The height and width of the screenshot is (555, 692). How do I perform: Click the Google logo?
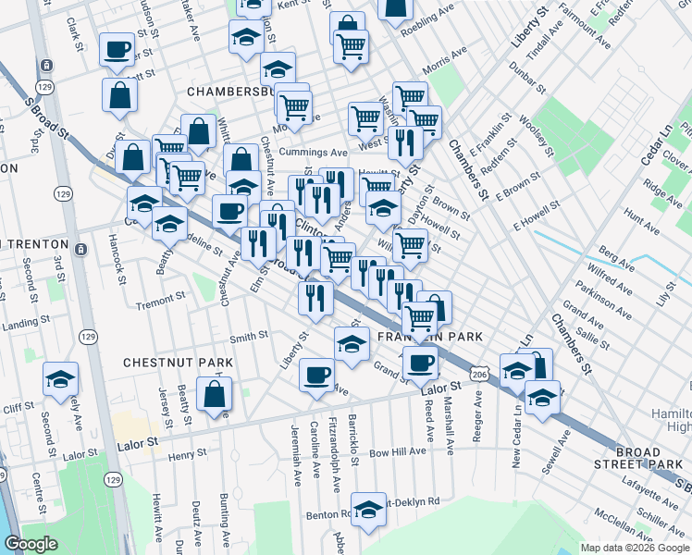tap(31, 544)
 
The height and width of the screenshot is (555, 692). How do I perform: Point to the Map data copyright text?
tap(635, 548)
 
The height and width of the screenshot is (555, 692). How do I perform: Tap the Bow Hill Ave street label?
tap(398, 452)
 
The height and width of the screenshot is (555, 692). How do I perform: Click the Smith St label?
tap(249, 338)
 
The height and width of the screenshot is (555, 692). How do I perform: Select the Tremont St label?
tap(162, 304)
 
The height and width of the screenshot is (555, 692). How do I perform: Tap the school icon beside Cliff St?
tap(61, 379)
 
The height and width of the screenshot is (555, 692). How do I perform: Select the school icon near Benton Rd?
tap(368, 509)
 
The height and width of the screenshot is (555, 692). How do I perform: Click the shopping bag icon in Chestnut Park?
tap(215, 394)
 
